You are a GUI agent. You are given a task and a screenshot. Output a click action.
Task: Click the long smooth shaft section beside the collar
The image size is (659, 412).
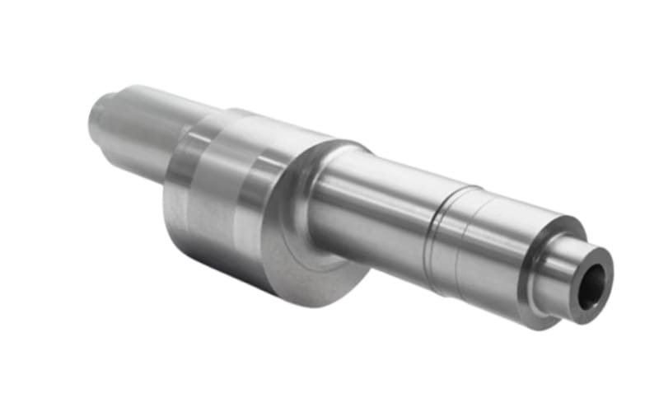pyautogui.click(x=371, y=206)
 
